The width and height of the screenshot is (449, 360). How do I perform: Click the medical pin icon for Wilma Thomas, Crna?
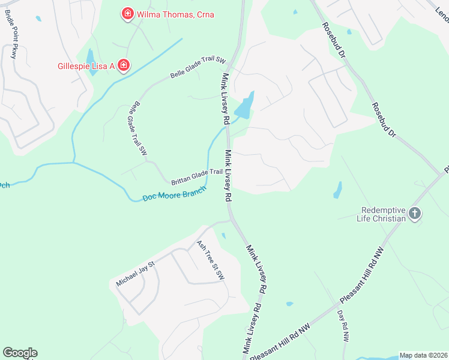point(127,14)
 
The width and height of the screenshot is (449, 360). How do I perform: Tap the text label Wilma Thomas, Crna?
point(175,14)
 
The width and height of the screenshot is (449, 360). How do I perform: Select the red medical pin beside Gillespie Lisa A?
point(123,65)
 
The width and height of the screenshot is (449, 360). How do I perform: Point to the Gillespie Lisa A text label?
point(86,65)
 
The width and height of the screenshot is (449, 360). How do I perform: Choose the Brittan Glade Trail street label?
point(197,176)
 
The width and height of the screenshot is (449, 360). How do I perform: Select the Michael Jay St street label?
point(136,273)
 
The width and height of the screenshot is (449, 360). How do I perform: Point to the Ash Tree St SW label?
point(210,260)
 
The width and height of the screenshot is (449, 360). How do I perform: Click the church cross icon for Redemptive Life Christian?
point(414,213)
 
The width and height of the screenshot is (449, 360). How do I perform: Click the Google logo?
point(20,353)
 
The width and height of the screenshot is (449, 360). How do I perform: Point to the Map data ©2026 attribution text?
point(423,355)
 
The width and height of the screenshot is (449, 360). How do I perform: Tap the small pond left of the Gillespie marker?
point(91,60)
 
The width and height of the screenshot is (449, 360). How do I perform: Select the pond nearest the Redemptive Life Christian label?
point(337,190)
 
